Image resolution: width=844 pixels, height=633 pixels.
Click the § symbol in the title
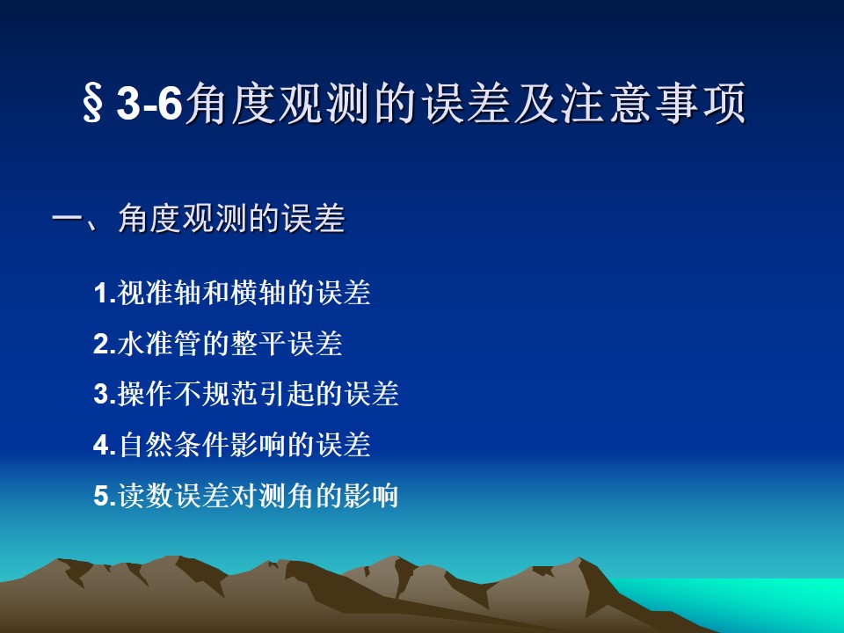tap(92, 103)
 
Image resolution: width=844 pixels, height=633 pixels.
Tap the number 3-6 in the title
tap(149, 103)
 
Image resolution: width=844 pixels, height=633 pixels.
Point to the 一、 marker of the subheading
tap(76, 219)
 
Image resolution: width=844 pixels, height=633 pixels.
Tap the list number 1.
tap(105, 294)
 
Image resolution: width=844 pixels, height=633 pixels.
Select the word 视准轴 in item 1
tap(159, 293)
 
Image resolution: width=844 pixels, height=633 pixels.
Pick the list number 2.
tap(105, 344)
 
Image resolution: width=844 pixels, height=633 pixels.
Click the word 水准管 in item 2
tap(159, 344)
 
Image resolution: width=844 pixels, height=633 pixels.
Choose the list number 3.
tap(105, 394)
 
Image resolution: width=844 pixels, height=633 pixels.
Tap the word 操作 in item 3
tap(145, 394)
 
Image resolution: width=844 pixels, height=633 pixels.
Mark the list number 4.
tap(105, 445)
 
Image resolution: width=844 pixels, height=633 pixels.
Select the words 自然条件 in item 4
tap(173, 445)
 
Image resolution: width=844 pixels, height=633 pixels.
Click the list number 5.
tap(105, 496)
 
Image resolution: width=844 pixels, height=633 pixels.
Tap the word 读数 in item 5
tap(145, 495)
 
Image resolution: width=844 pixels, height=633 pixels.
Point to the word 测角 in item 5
tap(286, 495)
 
